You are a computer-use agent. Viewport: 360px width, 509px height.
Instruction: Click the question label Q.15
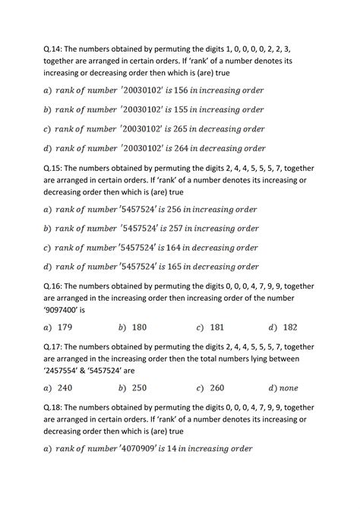click(54, 169)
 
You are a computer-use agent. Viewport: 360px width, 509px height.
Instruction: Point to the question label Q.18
click(54, 407)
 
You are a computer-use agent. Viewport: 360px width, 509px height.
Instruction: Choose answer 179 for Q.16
click(65, 327)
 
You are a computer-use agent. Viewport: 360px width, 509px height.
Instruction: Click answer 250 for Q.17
click(139, 388)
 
